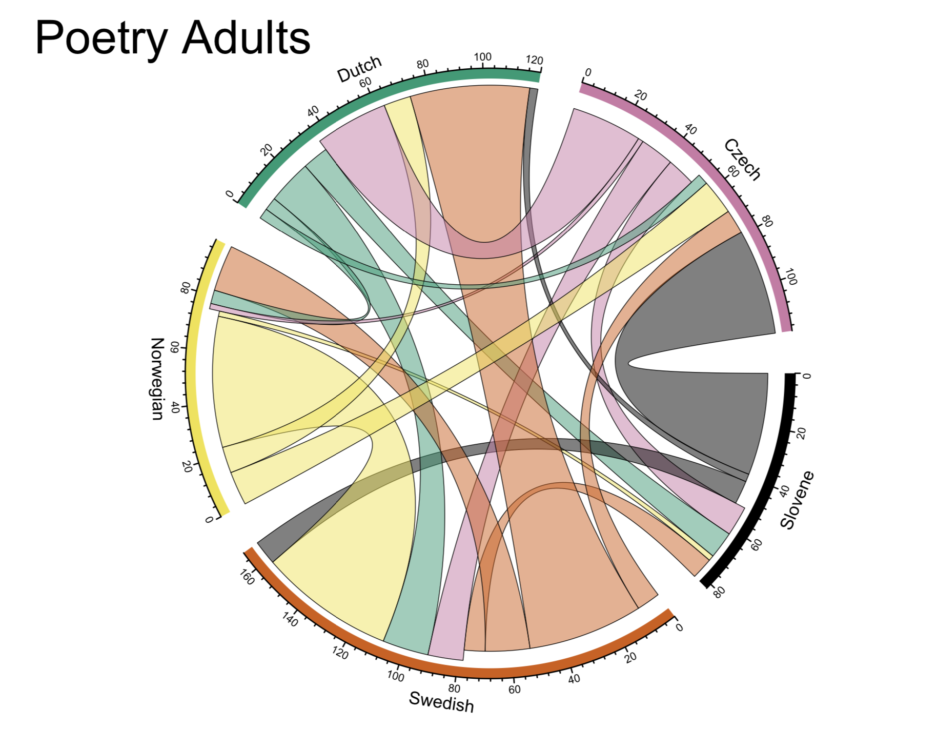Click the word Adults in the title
click(246, 38)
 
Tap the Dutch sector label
click(359, 69)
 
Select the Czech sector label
click(742, 160)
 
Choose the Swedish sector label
click(441, 701)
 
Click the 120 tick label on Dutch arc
click(534, 60)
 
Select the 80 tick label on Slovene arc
click(719, 593)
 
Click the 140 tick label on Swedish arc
click(290, 619)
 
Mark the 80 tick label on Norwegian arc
click(186, 288)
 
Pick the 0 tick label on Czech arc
click(588, 72)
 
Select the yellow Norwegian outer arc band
click(192, 380)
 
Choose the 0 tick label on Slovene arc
click(806, 376)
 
